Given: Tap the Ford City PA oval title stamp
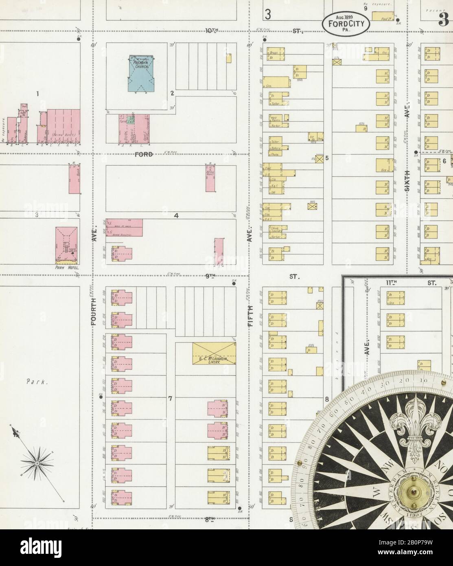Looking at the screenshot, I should [x=347, y=24].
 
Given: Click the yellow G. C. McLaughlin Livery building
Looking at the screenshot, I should [x=214, y=353].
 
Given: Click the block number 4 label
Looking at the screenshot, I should [x=176, y=216].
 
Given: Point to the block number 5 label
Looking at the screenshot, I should [x=326, y=157].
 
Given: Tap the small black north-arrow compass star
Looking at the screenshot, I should [x=37, y=463].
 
